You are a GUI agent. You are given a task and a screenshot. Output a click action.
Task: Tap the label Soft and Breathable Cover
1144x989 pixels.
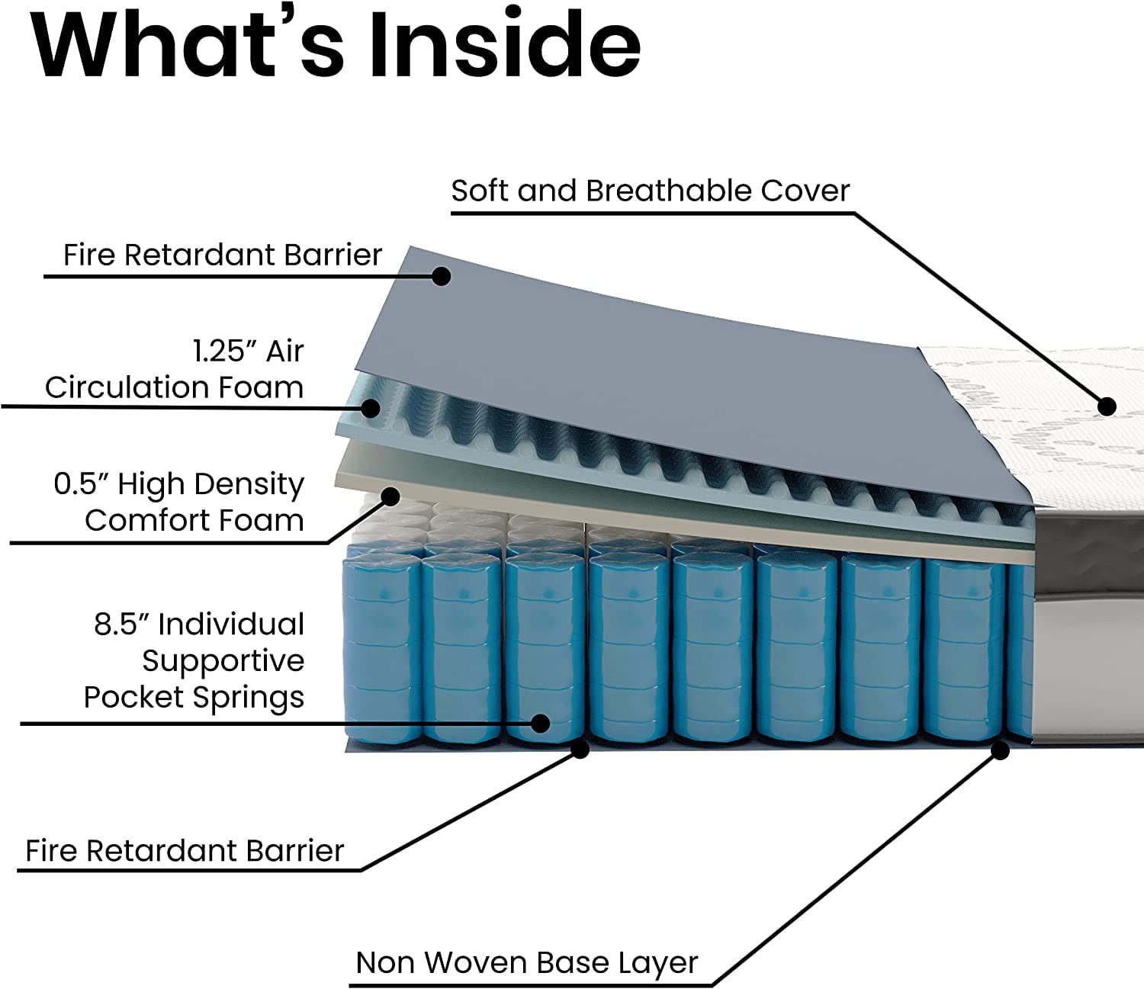(x=650, y=191)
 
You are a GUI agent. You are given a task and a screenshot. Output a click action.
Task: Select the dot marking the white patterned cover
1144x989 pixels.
(x=1107, y=406)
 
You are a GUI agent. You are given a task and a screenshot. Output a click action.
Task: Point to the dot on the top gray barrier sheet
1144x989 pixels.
(x=440, y=275)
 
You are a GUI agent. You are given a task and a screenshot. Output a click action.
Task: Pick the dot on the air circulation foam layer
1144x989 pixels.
(x=371, y=408)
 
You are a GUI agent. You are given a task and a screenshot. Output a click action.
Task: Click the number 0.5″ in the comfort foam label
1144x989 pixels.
(x=82, y=484)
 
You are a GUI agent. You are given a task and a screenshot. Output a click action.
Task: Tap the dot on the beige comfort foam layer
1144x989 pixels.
(x=390, y=497)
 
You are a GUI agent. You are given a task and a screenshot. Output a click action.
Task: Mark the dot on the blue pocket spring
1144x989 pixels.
(x=540, y=723)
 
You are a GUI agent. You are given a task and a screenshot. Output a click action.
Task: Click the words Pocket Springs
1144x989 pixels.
(x=194, y=697)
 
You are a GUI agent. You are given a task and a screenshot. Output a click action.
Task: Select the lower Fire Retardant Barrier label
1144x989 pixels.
(x=185, y=850)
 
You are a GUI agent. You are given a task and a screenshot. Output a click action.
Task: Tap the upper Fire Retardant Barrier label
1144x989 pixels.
(x=222, y=255)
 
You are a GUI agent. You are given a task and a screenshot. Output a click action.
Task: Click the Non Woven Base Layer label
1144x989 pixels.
(x=526, y=962)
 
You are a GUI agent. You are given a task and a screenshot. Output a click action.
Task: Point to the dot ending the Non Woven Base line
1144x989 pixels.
(x=1000, y=751)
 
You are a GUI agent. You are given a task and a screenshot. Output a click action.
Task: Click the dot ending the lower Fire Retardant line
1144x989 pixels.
(x=580, y=750)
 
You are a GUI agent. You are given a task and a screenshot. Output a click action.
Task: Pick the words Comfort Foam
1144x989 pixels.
(x=194, y=521)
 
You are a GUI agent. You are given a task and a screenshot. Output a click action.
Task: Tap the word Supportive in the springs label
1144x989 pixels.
(x=223, y=661)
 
